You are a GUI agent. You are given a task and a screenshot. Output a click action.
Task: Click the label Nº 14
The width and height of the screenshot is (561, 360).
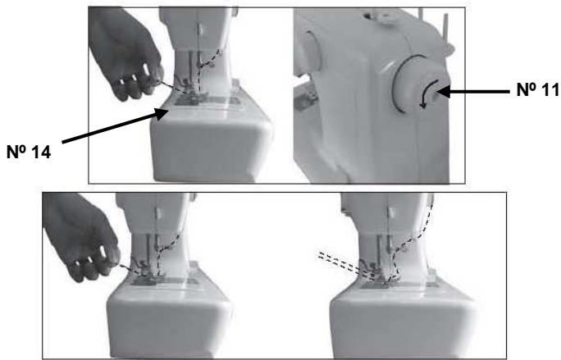point(29,152)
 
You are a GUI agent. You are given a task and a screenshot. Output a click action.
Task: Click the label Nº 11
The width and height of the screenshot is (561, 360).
point(538,89)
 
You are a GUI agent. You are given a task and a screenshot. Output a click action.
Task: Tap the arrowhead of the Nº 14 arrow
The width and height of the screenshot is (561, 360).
point(162,113)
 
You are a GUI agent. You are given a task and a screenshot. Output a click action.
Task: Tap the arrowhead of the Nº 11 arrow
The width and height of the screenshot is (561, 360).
point(444,92)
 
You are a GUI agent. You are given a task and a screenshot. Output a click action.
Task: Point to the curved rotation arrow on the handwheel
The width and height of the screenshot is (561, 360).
point(427,93)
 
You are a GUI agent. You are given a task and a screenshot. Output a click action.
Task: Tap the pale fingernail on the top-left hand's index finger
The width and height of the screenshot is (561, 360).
point(146,69)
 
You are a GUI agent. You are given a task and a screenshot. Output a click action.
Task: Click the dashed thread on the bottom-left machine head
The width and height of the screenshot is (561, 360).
point(166,247)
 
